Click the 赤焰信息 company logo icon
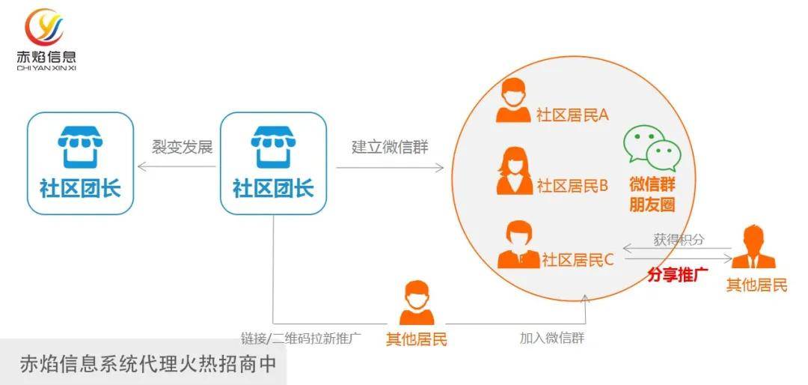pyautogui.click(x=44, y=26)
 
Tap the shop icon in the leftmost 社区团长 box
pyautogui.click(x=80, y=147)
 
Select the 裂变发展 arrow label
pyautogui.click(x=182, y=147)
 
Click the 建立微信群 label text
pyautogui.click(x=390, y=147)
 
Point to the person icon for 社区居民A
pyautogui.click(x=512, y=100)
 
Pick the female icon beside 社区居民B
pyautogui.click(x=514, y=171)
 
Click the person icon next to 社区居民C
pyautogui.click(x=518, y=244)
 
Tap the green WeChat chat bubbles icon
pyautogui.click(x=652, y=148)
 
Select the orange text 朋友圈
pyautogui.click(x=652, y=205)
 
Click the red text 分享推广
pyautogui.click(x=678, y=275)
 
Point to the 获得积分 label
pyautogui.click(x=679, y=240)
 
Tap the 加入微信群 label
pyautogui.click(x=552, y=338)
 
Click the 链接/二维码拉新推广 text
pyautogui.click(x=301, y=339)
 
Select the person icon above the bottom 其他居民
pyautogui.click(x=417, y=303)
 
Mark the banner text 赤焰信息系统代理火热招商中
pyautogui.click(x=148, y=363)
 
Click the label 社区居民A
pyautogui.click(x=572, y=115)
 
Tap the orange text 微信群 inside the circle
pyautogui.click(x=652, y=184)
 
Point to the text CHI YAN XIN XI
pyautogui.click(x=46, y=67)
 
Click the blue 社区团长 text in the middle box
pyautogui.click(x=273, y=188)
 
